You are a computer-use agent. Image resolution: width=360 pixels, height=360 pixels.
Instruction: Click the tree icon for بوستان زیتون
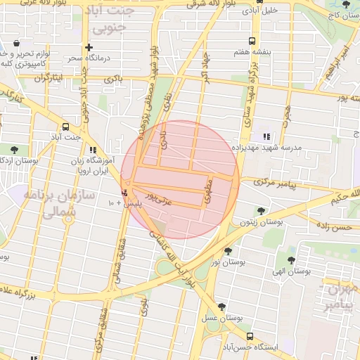tap(262, 210)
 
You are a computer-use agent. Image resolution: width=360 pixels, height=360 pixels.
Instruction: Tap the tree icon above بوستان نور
tap(228, 251)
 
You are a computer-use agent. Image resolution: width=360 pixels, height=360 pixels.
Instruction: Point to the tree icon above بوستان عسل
tap(222, 307)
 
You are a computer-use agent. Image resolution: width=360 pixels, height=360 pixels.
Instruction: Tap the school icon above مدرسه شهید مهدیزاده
tap(266, 136)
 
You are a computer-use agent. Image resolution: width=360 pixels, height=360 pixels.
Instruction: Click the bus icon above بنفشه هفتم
tap(252, 41)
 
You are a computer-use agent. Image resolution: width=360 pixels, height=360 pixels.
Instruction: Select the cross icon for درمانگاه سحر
tap(89, 46)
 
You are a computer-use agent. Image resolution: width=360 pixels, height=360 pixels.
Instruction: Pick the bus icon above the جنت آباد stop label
tap(65, 127)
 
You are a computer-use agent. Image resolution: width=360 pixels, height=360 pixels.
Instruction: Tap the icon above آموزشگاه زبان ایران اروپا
tap(93, 150)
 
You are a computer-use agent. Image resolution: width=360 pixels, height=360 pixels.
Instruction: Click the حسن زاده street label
tap(333, 228)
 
